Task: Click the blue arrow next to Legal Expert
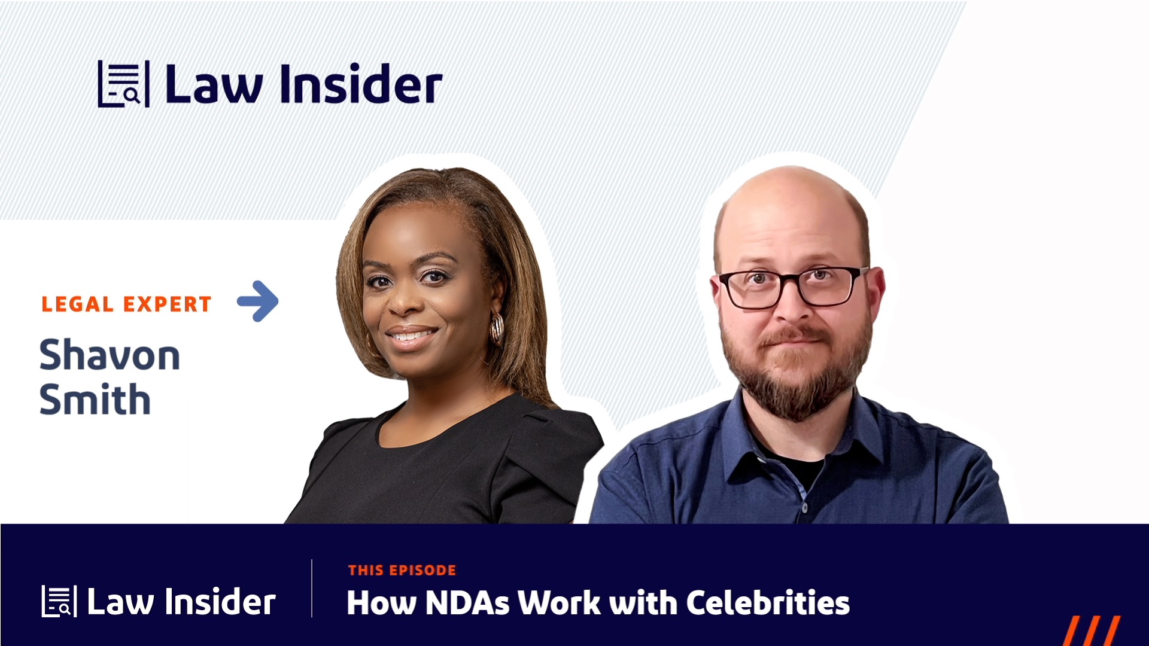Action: pyautogui.click(x=259, y=301)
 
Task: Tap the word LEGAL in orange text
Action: pyautogui.click(x=77, y=304)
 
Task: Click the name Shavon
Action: pyautogui.click(x=110, y=355)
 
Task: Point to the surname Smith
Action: pyautogui.click(x=95, y=400)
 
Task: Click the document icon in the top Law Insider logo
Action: pyautogui.click(x=123, y=84)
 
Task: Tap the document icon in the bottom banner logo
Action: pyautogui.click(x=59, y=601)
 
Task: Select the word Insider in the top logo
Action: pyautogui.click(x=361, y=85)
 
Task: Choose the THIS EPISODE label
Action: pyautogui.click(x=402, y=571)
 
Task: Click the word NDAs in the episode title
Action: pyautogui.click(x=467, y=603)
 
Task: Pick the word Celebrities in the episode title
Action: pyautogui.click(x=768, y=603)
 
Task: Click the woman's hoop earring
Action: pyautogui.click(x=497, y=328)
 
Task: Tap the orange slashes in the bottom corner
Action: pyautogui.click(x=1092, y=631)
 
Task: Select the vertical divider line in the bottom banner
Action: pyautogui.click(x=312, y=589)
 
